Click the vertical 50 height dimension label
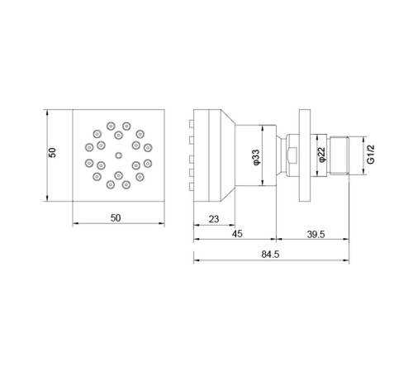(x=53, y=155)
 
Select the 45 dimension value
(x=238, y=234)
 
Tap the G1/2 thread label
(x=371, y=155)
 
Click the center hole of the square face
(x=118, y=155)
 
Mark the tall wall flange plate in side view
(x=305, y=155)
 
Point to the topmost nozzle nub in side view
(x=192, y=123)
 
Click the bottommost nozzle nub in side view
(x=192, y=187)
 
